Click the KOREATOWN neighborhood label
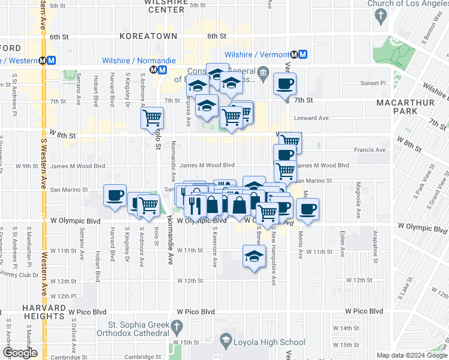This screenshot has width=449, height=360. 148,36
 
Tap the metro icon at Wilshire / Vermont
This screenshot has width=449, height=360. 303,54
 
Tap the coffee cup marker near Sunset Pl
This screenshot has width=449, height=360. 285,83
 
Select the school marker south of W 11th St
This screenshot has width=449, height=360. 254,256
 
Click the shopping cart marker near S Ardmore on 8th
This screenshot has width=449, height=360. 152,116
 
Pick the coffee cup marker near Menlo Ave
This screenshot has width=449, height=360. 307,209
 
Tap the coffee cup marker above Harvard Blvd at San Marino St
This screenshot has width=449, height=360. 115,195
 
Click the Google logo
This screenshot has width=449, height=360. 20,353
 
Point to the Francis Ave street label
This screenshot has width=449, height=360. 372,150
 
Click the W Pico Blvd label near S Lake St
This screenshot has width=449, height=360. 364,311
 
